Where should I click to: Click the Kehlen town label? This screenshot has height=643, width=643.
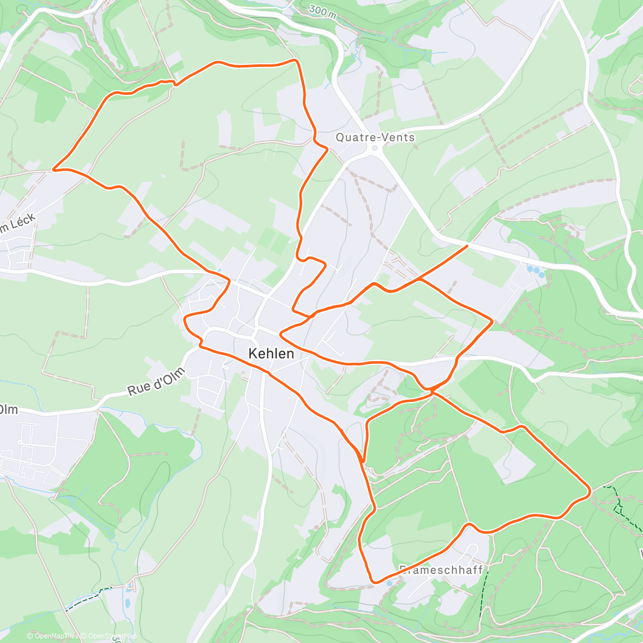point(271,354)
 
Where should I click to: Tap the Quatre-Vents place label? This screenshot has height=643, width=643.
point(375,137)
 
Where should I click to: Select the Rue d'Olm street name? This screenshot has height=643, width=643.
point(156,382)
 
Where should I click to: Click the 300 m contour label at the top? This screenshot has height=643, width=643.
point(323,12)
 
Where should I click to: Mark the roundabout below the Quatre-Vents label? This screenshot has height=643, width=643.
point(375,148)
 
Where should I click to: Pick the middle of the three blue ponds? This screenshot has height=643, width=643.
point(536,271)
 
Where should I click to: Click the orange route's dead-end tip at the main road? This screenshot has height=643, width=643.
point(467,245)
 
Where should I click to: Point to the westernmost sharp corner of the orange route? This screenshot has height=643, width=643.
point(53,170)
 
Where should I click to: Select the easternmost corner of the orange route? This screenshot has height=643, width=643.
point(590,490)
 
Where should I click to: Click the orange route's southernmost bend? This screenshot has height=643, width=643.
point(375,582)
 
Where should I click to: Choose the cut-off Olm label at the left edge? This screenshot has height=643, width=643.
point(9,410)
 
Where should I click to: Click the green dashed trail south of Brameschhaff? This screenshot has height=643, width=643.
point(482,595)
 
